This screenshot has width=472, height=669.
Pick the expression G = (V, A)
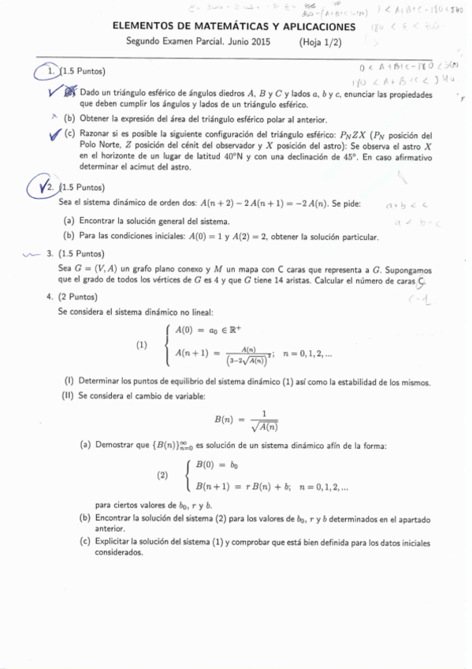95,269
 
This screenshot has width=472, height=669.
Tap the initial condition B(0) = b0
217,465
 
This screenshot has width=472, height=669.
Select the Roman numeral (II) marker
68,394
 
